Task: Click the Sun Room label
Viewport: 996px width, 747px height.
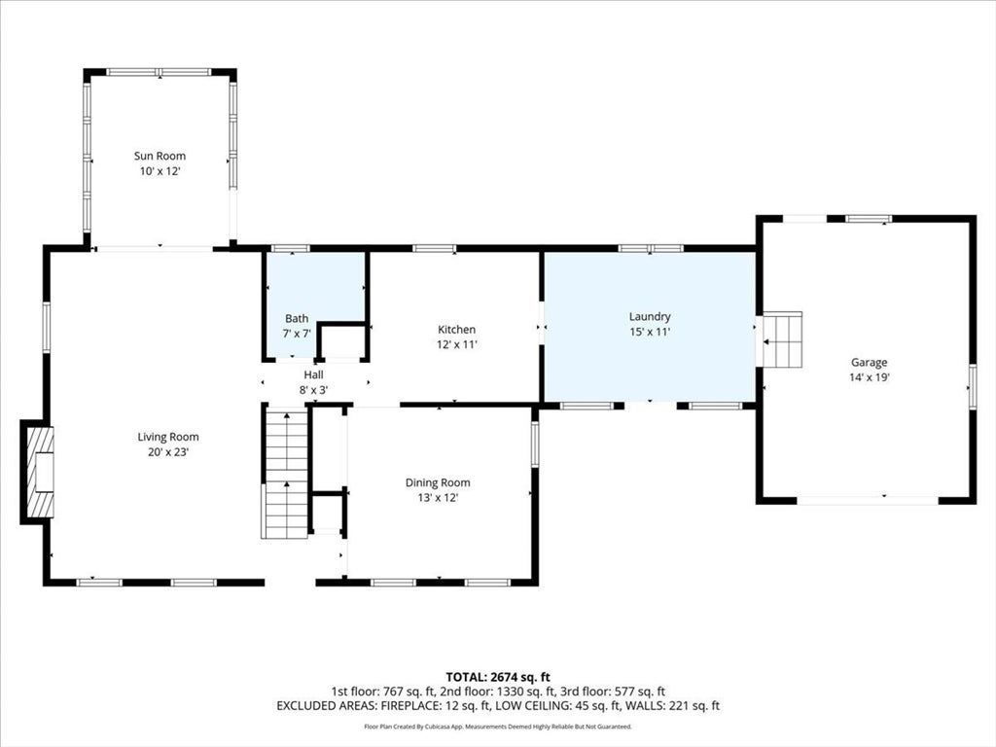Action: pyautogui.click(x=160, y=156)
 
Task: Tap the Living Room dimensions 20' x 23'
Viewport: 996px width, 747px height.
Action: pyautogui.click(x=168, y=452)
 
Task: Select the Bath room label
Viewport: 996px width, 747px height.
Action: pyautogui.click(x=297, y=318)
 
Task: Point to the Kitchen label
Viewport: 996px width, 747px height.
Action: pyautogui.click(x=457, y=329)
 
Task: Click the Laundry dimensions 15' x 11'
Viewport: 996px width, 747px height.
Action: pyautogui.click(x=650, y=332)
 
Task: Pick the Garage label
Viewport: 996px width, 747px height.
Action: pyautogui.click(x=869, y=362)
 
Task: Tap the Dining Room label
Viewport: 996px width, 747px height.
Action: pyautogui.click(x=438, y=482)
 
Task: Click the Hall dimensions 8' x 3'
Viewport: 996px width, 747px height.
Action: pyautogui.click(x=313, y=390)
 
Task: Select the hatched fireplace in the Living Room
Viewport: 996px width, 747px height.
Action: pyautogui.click(x=37, y=472)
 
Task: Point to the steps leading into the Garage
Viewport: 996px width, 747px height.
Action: pyautogui.click(x=782, y=339)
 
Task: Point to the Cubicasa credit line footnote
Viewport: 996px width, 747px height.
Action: pyautogui.click(x=498, y=727)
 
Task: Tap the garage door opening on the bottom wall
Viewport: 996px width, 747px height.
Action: pyautogui.click(x=868, y=500)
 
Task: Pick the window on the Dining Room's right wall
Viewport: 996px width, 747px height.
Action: pyautogui.click(x=535, y=445)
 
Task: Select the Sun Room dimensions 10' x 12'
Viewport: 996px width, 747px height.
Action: pyautogui.click(x=160, y=171)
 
